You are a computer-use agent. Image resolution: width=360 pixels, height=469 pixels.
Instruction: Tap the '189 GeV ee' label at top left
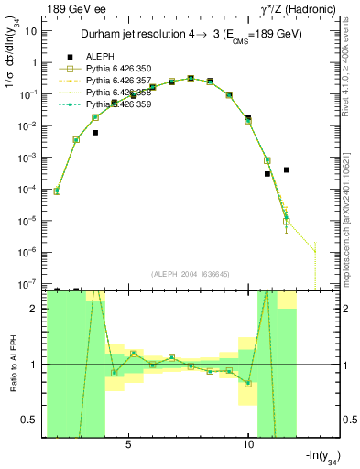[74, 10]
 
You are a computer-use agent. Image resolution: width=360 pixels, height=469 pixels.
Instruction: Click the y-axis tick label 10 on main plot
[31, 31]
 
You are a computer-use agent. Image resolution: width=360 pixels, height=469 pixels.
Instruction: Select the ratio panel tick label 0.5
[29, 420]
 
